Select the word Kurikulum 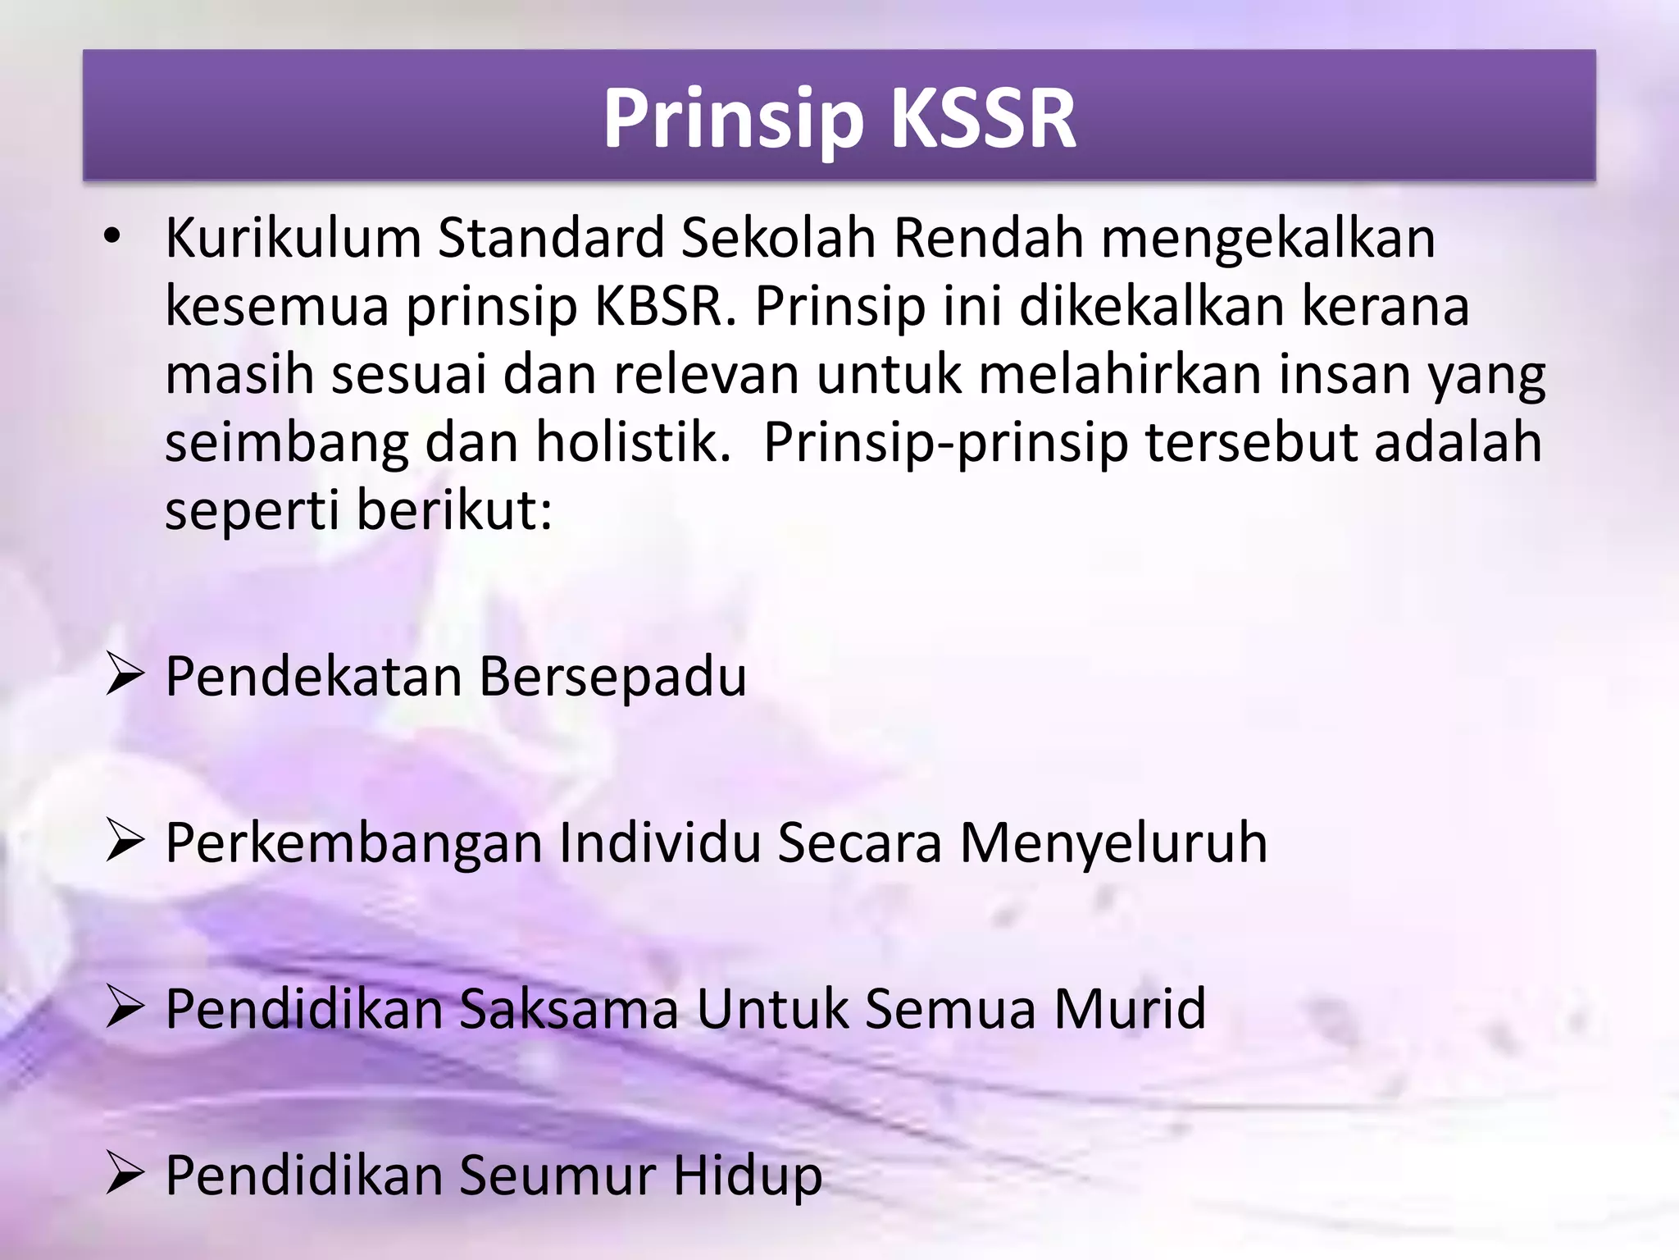[x=293, y=239]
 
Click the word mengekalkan [x=1267, y=239]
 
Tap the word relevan [x=707, y=375]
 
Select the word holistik [x=633, y=443]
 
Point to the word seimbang [x=286, y=443]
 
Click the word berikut [x=454, y=511]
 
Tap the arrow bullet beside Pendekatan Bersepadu [x=125, y=678]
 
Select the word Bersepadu [x=612, y=678]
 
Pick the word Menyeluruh [x=1113, y=843]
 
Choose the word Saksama [x=569, y=1009]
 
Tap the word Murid [x=1130, y=1009]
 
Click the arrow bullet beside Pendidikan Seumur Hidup [x=125, y=1176]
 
